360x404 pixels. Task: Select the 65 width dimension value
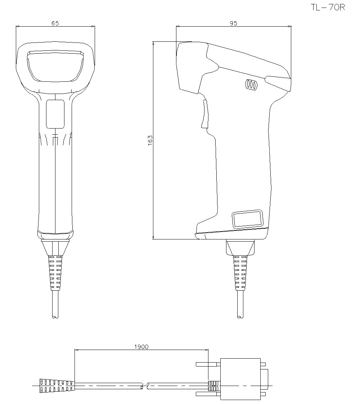click(x=55, y=23)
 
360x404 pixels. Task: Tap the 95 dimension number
click(x=234, y=23)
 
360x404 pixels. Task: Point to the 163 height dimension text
click(x=150, y=140)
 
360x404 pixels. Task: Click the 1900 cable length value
click(x=141, y=347)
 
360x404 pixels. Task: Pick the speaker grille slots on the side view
click(x=251, y=85)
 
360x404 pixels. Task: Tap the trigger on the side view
click(x=205, y=114)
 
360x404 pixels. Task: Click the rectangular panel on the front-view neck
click(x=55, y=114)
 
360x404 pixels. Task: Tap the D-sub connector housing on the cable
click(x=240, y=379)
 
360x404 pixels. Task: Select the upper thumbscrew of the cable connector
click(x=207, y=364)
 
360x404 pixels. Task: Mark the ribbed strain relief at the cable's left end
click(x=57, y=386)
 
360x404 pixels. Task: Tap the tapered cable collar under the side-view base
click(x=240, y=248)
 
